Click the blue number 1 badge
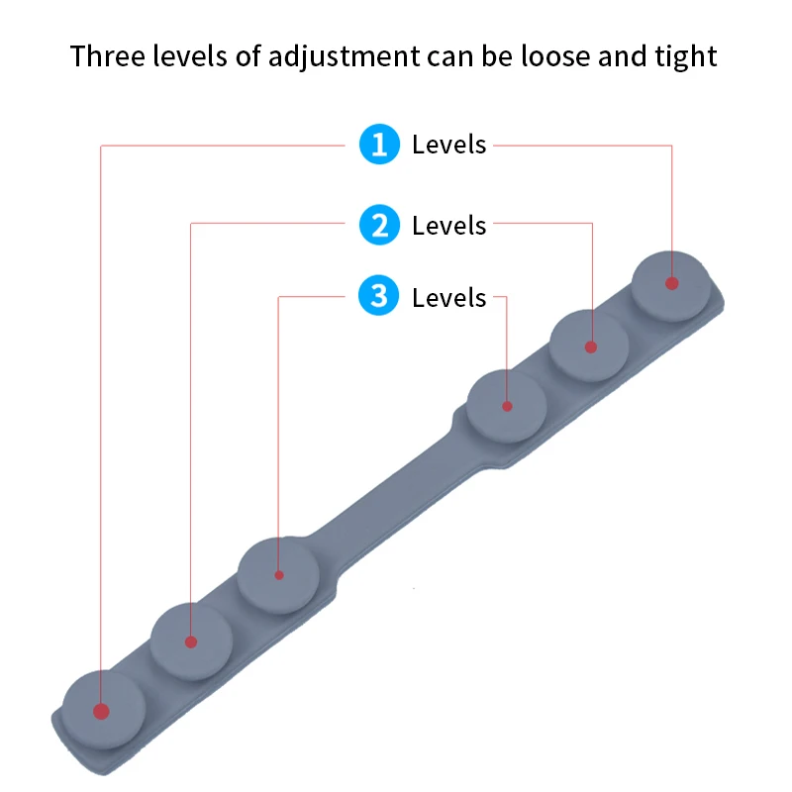point(378,145)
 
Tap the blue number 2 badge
point(378,226)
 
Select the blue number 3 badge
point(378,297)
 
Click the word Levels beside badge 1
point(449,146)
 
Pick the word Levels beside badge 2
point(449,226)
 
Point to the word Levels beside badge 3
point(449,298)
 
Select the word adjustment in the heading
point(347,57)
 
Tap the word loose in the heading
point(545,56)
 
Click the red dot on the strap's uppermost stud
point(672,283)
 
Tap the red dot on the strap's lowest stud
point(101,711)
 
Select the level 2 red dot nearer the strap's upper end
point(591,346)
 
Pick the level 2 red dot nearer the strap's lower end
point(191,642)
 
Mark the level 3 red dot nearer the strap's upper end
point(507,406)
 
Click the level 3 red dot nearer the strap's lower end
point(279,574)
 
